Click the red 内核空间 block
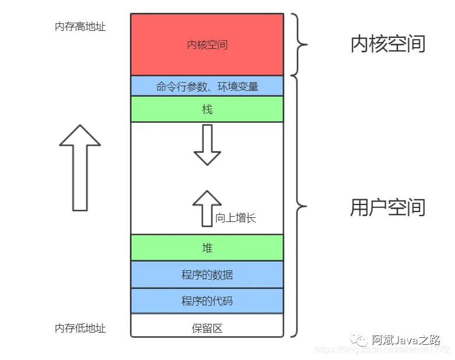pyautogui.click(x=207, y=44)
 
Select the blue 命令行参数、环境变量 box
pyautogui.click(x=207, y=87)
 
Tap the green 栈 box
pyautogui.click(x=207, y=109)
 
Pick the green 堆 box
pyautogui.click(x=207, y=248)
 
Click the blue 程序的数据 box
pyautogui.click(x=207, y=274)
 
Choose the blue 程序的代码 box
pyautogui.click(x=207, y=301)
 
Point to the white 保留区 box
pyautogui.click(x=207, y=327)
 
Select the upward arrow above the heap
pyautogui.click(x=207, y=207)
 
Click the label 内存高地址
pyautogui.click(x=80, y=27)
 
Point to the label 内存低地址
pyautogui.click(x=80, y=328)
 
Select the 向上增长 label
pyautogui.click(x=235, y=218)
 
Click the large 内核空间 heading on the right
pyautogui.click(x=388, y=44)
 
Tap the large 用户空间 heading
pyautogui.click(x=388, y=207)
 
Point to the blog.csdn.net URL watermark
pyautogui.click(x=382, y=350)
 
